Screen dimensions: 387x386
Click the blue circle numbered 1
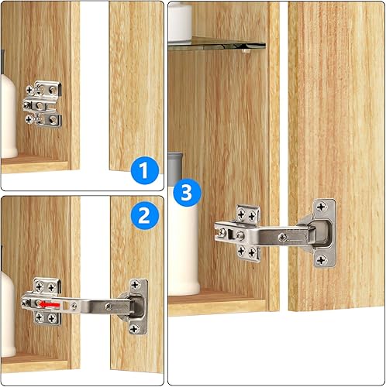point(144,169)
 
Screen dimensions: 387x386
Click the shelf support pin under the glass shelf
point(244,56)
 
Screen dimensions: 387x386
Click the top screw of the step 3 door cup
point(324,208)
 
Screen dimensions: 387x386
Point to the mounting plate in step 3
point(246,232)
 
